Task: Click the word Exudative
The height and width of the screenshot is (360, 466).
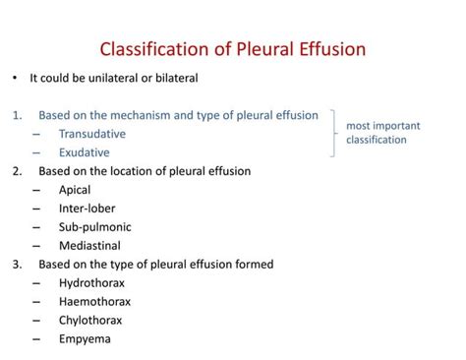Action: tap(85, 152)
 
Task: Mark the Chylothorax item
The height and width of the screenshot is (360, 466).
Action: tap(95, 321)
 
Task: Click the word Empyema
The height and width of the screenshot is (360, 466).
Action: tap(85, 339)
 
